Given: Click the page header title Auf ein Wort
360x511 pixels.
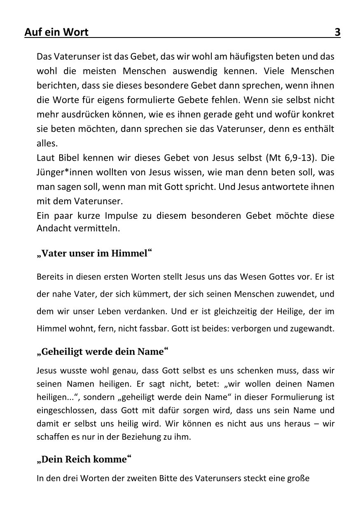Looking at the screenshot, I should tap(56, 32).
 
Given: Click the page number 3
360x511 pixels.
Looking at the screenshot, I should tap(337, 32).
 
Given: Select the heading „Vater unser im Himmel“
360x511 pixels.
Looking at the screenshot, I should tap(94, 253).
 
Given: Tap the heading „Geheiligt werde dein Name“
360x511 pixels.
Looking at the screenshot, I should tap(103, 352).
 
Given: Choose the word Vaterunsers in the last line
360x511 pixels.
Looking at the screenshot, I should tap(216, 478).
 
